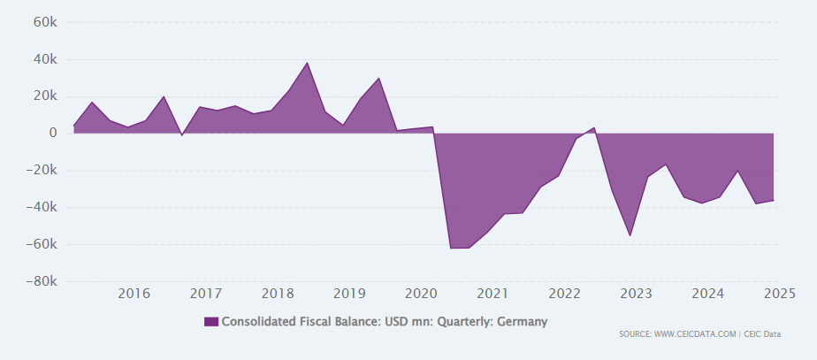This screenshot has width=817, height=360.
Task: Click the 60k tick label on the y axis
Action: pos(45,22)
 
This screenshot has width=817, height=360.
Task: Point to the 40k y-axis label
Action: pos(45,59)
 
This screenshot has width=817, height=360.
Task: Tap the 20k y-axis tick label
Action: pos(45,96)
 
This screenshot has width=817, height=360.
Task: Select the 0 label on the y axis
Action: pos(53,134)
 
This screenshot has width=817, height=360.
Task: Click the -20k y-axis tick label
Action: pos(42,171)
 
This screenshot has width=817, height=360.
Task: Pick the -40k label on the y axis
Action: pos(42,208)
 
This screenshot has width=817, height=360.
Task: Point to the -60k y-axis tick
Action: pos(42,245)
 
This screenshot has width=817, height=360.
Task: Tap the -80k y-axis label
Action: pos(42,282)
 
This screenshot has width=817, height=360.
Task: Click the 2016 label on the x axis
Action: pos(134,294)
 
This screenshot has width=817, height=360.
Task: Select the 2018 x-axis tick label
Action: pos(278,294)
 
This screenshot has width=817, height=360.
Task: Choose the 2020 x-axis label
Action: pos(421,294)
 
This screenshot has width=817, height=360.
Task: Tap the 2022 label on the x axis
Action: pos(564,294)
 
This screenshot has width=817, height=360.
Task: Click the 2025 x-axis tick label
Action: pos(779,294)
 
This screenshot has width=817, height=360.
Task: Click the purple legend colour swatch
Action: pos(210,322)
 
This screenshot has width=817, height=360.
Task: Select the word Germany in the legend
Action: pos(522,322)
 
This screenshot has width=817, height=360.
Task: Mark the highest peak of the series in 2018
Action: pos(307,63)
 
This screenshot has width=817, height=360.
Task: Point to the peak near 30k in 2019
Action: pos(379,78)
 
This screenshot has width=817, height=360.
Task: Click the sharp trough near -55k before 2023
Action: pos(630,235)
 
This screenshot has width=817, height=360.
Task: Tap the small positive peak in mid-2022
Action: pos(594,127)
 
